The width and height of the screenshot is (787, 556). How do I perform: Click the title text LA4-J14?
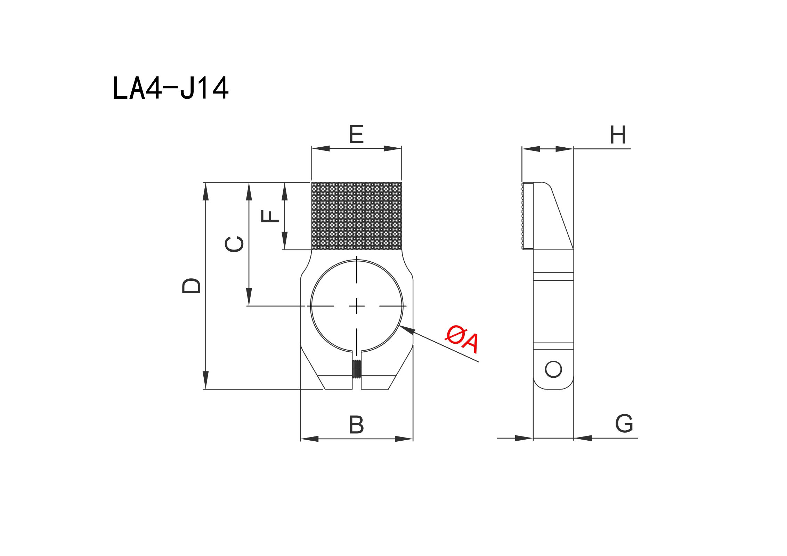tap(170, 88)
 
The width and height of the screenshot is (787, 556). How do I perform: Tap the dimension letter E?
tap(356, 134)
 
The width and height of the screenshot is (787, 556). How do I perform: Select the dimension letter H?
tap(618, 135)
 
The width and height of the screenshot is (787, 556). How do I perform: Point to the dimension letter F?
tap(270, 216)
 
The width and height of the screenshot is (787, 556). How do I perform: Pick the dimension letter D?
tap(192, 286)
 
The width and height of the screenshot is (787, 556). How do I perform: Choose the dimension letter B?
tap(356, 424)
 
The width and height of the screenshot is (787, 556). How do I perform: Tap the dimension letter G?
tap(624, 423)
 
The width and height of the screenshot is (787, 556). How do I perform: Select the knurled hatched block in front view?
tap(357, 216)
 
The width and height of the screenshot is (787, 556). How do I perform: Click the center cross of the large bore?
tap(357, 306)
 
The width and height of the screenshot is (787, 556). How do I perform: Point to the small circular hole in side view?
tap(553, 369)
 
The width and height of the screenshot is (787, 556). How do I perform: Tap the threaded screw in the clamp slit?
tap(357, 369)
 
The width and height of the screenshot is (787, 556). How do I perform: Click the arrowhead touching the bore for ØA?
tap(407, 329)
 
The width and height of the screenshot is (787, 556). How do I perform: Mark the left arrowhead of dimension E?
tap(321, 148)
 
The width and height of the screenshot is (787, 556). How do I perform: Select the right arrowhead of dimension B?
tap(404, 439)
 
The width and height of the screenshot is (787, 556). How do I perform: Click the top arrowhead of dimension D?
tap(206, 191)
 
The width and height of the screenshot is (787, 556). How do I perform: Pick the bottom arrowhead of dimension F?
tap(285, 240)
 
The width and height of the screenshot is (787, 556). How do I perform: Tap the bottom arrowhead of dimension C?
tap(249, 297)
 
